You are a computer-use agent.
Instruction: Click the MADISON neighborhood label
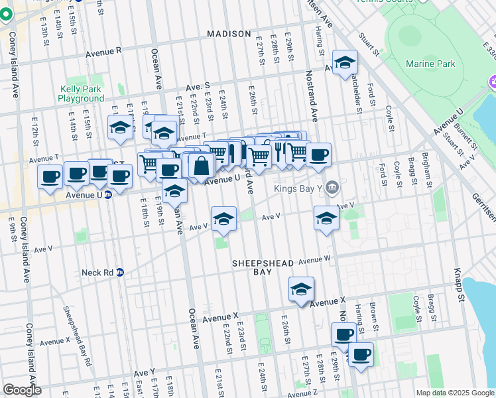229,34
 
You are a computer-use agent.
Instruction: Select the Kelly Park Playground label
81,94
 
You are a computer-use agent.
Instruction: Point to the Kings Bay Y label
298,188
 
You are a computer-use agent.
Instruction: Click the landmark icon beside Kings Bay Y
333,188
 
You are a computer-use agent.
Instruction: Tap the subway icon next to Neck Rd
120,272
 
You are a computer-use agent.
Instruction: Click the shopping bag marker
201,166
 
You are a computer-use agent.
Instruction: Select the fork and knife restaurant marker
279,151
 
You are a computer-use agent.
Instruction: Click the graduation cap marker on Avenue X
301,289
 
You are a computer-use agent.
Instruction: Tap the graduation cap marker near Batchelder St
344,63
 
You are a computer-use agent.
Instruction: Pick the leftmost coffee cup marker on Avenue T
50,176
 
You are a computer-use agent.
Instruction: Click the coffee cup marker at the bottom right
361,355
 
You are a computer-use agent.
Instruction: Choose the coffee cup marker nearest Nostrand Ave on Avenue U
318,155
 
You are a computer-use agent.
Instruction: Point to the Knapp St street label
456,275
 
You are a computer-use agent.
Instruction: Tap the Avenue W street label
314,260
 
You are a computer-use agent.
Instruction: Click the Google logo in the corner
22,389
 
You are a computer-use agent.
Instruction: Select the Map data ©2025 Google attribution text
454,393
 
